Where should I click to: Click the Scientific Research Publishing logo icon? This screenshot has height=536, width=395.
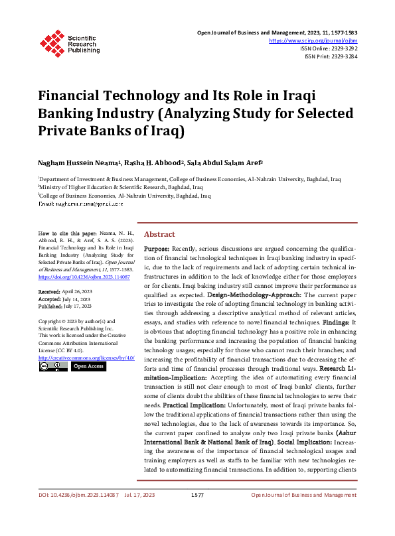pos(50,42)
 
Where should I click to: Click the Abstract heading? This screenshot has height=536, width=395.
pos(159,234)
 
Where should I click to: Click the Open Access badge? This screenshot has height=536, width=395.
pos(88,366)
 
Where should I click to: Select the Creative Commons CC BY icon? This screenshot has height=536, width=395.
pos(53,366)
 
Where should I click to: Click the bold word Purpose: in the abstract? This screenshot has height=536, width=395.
pos(157,247)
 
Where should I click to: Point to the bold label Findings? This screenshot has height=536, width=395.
pos(335,321)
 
